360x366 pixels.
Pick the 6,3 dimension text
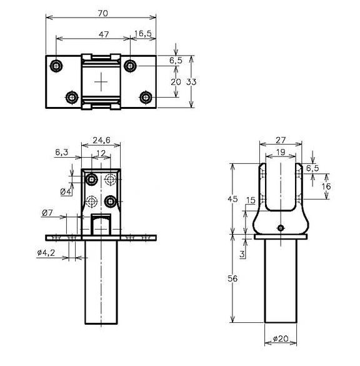point(62,152)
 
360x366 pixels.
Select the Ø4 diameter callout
point(64,191)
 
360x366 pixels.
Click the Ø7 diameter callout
point(47,213)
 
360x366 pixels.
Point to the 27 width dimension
point(281,141)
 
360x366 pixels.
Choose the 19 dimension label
point(281,152)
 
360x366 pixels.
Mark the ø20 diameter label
point(281,340)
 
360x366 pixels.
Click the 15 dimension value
point(250,200)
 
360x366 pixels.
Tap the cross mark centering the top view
point(101,82)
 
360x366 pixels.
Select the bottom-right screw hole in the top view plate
point(146,97)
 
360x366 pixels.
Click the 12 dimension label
point(101,153)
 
